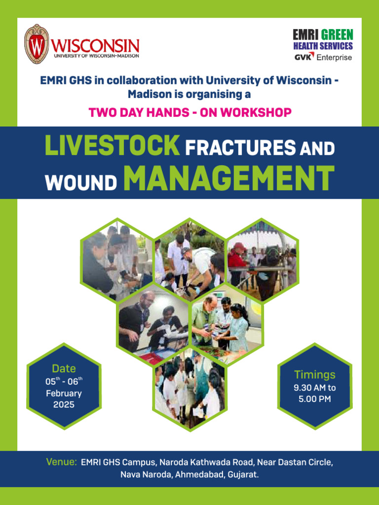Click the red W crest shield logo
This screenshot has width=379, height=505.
37,44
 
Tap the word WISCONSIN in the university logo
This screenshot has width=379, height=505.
95,45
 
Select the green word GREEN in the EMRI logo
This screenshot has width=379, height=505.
337,35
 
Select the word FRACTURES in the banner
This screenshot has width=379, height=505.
240,147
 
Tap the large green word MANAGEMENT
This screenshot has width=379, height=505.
228,178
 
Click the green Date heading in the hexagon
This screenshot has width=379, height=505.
64,368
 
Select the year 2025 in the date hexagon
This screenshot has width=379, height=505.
64,404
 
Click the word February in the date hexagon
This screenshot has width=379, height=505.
64,394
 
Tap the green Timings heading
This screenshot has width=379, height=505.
315,374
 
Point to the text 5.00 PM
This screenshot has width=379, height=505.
315,398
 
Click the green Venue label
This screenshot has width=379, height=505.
62,462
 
